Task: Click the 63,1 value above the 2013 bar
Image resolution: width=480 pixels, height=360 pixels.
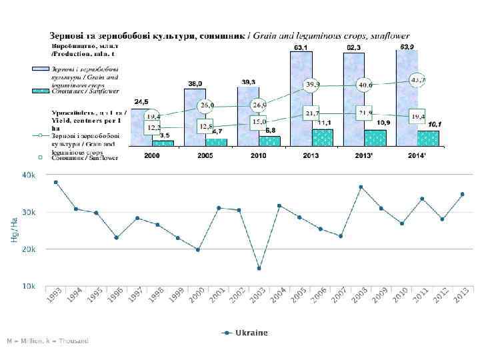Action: click(301, 47)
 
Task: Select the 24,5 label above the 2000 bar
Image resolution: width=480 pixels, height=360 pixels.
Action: click(141, 101)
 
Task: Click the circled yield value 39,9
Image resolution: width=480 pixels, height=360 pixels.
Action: click(312, 85)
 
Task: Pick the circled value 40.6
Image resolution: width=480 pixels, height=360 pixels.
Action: click(365, 85)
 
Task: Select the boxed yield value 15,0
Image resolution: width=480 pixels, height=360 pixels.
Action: click(259, 122)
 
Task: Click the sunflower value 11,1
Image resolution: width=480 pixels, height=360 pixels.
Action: click(325, 123)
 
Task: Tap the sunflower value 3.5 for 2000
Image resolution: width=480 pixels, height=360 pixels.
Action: click(164, 135)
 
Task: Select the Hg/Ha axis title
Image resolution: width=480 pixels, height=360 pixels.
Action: click(14, 230)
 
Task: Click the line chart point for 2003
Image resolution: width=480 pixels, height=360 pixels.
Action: click(259, 269)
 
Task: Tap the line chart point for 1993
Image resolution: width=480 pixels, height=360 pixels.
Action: click(56, 182)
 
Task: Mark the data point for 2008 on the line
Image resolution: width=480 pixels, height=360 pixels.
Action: click(361, 187)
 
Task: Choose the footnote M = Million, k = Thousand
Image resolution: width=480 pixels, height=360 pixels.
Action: click(47, 341)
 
